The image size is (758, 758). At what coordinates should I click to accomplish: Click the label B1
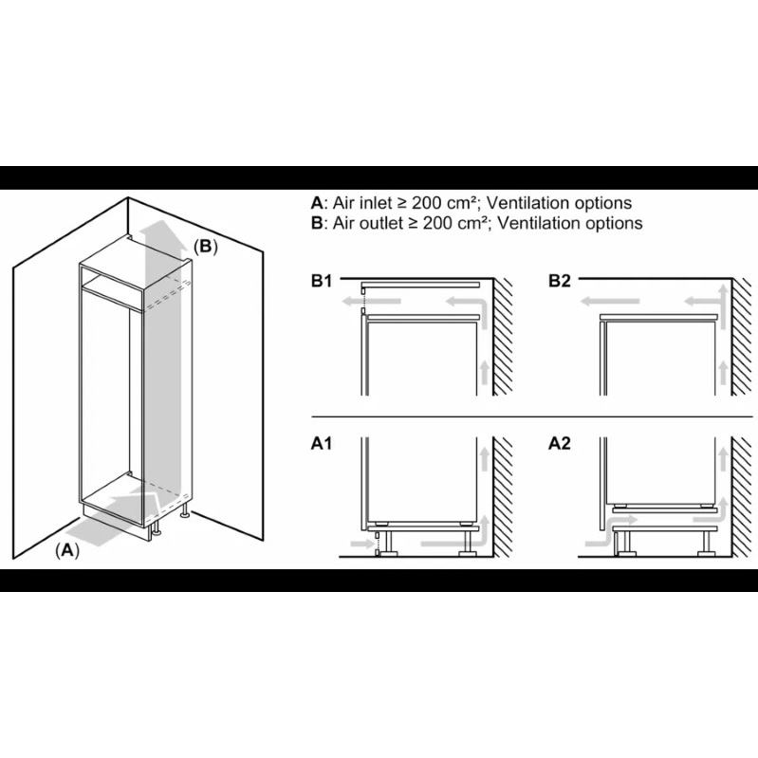coord(322,281)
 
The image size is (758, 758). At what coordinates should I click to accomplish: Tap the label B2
coord(560,281)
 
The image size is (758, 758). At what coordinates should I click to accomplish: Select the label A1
coord(322,443)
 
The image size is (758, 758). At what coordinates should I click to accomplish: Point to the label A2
coord(560,443)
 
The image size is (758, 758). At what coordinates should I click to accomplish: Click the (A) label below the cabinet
coord(67,550)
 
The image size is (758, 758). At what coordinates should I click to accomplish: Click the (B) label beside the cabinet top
coord(206,247)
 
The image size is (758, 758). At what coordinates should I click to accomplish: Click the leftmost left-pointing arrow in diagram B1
coord(372,302)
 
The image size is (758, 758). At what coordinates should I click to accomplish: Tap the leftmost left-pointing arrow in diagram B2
coord(610,302)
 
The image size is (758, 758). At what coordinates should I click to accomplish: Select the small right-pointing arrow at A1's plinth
coord(362,545)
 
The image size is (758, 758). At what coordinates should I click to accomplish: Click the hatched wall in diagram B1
coord(503,337)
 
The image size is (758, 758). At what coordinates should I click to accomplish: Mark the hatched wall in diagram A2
coord(741,496)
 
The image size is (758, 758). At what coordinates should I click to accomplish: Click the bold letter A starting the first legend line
coord(317,203)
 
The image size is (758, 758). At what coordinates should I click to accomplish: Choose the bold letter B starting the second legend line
coord(317,223)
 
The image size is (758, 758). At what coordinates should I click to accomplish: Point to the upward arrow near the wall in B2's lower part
coord(723,373)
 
